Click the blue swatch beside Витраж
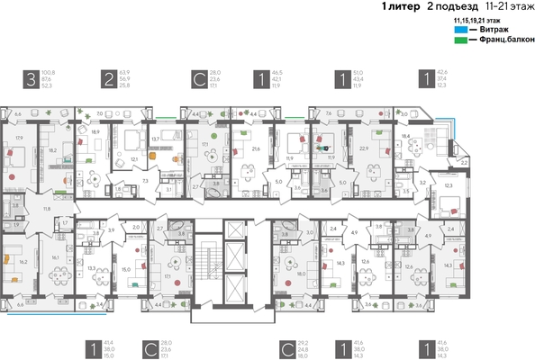(460, 30)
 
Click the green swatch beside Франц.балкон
(460, 40)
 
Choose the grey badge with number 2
(107, 79)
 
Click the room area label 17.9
(19, 138)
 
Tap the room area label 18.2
(52, 150)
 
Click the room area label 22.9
(365, 148)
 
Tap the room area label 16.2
(23, 261)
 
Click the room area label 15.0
(126, 268)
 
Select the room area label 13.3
(92, 268)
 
